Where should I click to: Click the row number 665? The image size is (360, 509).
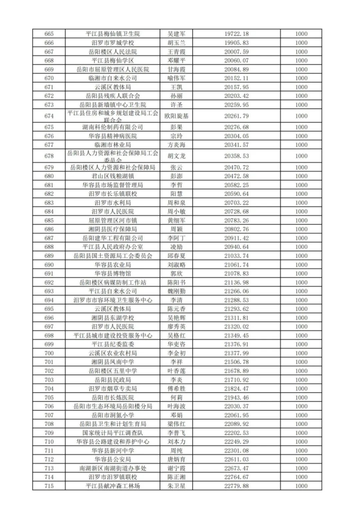tap(48, 34)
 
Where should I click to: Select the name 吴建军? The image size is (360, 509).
tap(175, 34)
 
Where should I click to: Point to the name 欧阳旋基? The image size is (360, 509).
tap(175, 116)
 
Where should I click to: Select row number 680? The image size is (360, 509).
tap(48, 176)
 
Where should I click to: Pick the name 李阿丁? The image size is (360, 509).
tap(175, 238)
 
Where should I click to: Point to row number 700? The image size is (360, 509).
tap(48, 353)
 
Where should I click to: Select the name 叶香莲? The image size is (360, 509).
tap(175, 371)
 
